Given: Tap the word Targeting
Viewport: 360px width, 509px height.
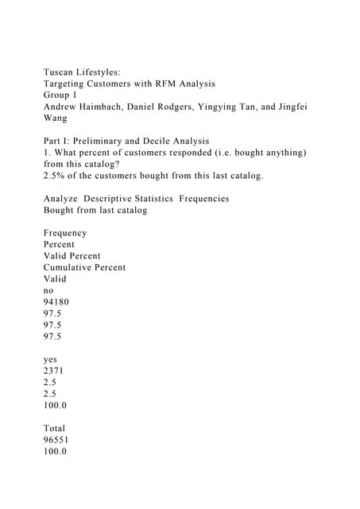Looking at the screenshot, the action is click(x=70, y=84).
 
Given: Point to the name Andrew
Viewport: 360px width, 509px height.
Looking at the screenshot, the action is click(x=64, y=106).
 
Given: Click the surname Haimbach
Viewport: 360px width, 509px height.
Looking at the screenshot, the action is click(x=120, y=106).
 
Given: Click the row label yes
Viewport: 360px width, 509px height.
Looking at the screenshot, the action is click(x=52, y=359).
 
